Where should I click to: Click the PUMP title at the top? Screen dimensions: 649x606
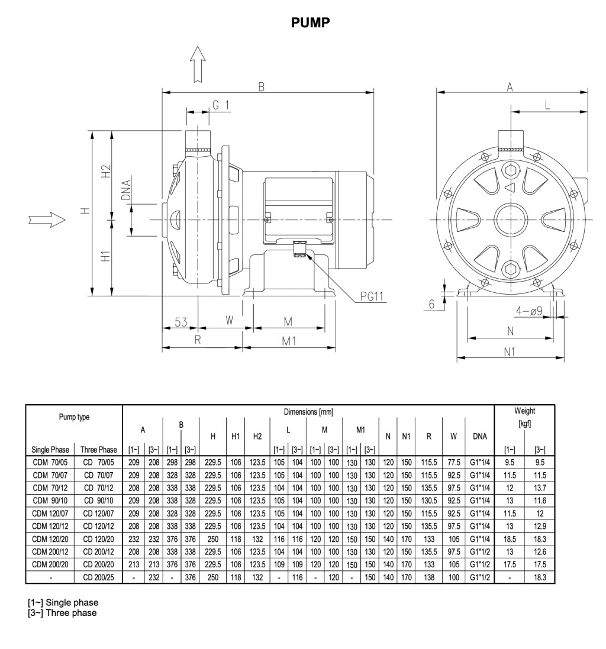click(311, 22)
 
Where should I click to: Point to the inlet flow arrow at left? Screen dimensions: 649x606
click(46, 219)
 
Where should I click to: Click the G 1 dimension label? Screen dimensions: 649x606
click(221, 105)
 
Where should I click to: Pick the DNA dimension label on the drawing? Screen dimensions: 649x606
click(126, 191)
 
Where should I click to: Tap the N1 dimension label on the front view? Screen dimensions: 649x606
click(509, 352)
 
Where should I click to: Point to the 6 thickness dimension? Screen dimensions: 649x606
click(432, 303)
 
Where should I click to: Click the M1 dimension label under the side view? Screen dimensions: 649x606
click(289, 341)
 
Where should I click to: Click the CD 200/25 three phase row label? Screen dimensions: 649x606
click(98, 577)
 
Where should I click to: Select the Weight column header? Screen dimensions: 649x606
click(524, 411)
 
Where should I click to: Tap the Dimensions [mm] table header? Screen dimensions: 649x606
click(308, 411)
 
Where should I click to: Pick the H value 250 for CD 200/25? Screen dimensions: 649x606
click(212, 577)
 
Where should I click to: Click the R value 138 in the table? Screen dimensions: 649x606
click(429, 577)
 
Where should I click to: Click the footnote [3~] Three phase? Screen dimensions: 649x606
click(62, 613)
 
